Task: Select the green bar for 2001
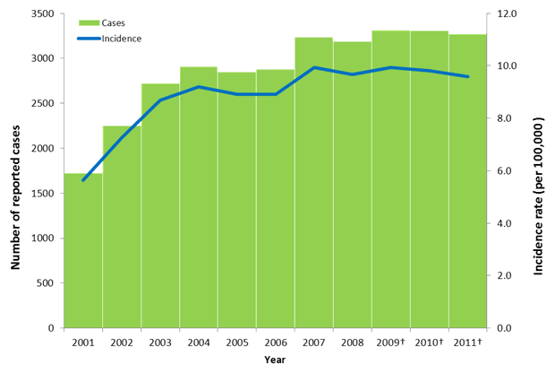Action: (82, 251)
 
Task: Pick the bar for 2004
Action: (198, 197)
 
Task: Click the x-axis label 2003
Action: (159, 342)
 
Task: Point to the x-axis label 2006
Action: (275, 342)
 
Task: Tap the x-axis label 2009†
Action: (392, 342)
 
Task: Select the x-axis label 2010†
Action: (431, 342)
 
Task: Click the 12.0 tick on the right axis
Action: (507, 14)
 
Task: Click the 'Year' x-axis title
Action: (275, 360)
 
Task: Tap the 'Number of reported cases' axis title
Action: (16, 170)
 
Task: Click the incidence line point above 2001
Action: (82, 180)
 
